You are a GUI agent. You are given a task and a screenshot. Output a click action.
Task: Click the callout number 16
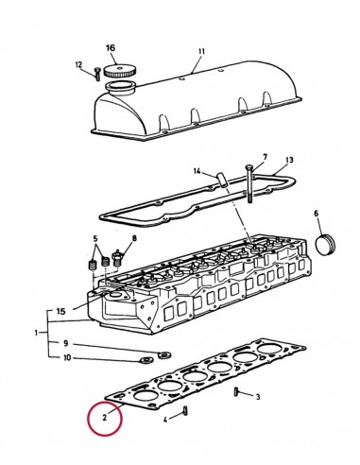point(111,47)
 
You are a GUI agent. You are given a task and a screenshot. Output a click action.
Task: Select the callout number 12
point(80,64)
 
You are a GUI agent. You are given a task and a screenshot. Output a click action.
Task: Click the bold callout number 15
point(60,311)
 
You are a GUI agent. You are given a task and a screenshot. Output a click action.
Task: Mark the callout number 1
point(37,333)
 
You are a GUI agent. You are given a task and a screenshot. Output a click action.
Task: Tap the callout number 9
point(65,342)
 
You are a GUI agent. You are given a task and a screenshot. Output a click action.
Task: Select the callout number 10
point(65,357)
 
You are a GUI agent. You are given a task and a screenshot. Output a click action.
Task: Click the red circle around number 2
point(104,416)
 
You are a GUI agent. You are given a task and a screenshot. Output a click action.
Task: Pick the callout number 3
point(257,397)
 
